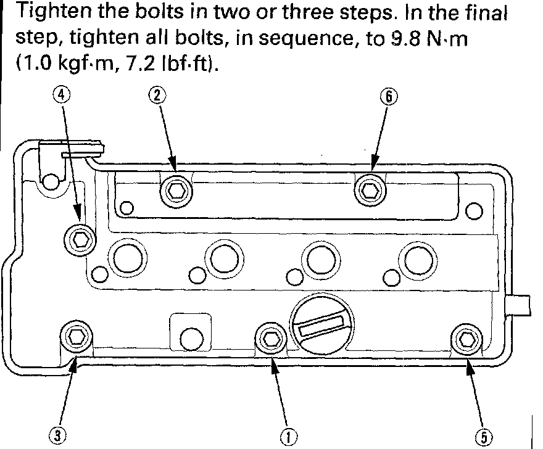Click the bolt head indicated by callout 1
pos(270,337)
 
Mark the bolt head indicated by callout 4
pos(80,237)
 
